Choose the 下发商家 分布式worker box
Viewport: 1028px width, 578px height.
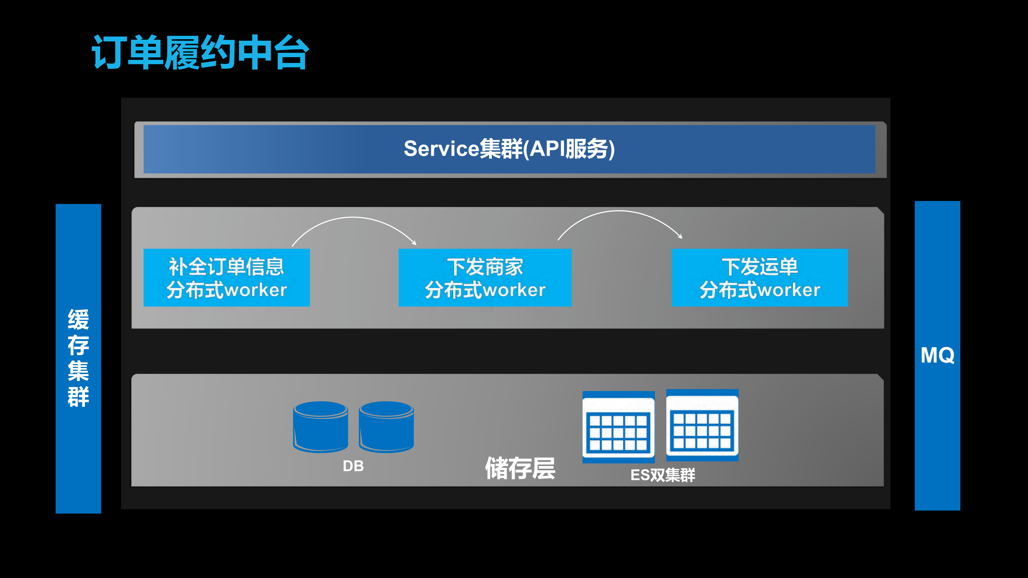point(485,278)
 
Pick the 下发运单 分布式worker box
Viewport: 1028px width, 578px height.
point(760,278)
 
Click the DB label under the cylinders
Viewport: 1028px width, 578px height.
point(353,466)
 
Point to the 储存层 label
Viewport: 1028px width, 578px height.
point(520,468)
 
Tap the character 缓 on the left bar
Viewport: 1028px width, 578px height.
point(78,319)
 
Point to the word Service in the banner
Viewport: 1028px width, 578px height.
point(441,149)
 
